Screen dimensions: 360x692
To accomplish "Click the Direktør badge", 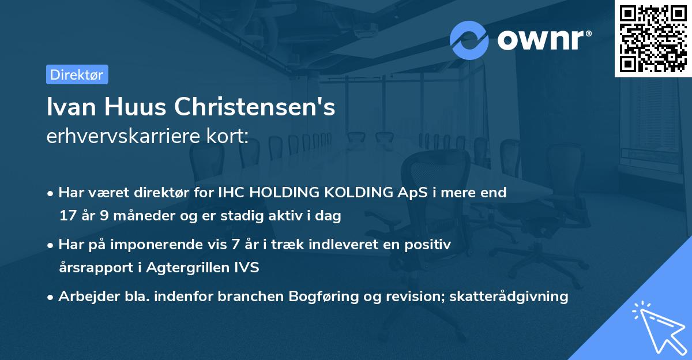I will [x=77, y=74].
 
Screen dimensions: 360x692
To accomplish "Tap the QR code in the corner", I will [x=653, y=38].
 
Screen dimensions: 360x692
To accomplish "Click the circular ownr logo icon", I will [x=469, y=40].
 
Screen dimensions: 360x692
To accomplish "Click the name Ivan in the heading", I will [x=67, y=107].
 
